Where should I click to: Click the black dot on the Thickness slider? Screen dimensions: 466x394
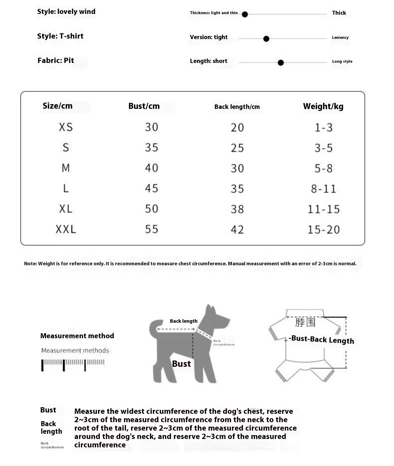245,14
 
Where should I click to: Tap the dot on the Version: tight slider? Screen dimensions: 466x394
266,39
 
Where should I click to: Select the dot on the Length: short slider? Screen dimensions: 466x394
281,63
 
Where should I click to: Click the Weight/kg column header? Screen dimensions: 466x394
323,106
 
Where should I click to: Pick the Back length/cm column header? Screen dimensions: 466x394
237,107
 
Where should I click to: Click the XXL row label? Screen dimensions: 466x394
66,229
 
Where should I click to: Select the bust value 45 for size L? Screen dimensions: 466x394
152,188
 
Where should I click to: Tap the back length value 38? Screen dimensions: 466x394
237,209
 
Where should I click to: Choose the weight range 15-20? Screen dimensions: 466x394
324,230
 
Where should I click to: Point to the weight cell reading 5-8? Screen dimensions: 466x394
324,168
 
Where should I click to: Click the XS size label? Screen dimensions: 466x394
66,127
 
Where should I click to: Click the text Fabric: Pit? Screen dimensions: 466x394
56,61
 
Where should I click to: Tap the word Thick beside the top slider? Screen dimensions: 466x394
339,13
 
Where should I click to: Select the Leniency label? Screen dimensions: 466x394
340,38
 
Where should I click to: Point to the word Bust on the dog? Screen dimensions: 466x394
181,364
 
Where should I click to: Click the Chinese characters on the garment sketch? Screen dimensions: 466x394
305,322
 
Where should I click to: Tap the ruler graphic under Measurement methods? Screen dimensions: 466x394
73,365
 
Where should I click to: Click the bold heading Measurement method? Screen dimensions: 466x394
77,336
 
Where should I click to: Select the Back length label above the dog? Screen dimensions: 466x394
183,321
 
